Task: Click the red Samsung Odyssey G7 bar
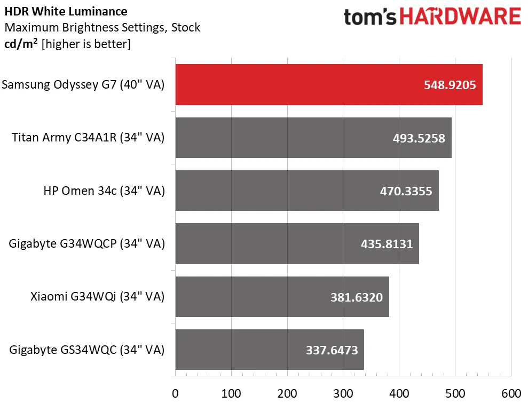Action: (299, 84)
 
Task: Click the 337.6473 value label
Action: (331, 350)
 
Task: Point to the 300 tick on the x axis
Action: (343, 394)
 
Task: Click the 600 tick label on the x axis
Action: (511, 394)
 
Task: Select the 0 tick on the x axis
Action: (175, 394)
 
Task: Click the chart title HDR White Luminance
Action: (66, 11)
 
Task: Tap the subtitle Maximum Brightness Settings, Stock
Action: (102, 27)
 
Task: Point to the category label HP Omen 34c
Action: (104, 191)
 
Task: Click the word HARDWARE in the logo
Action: (460, 17)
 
